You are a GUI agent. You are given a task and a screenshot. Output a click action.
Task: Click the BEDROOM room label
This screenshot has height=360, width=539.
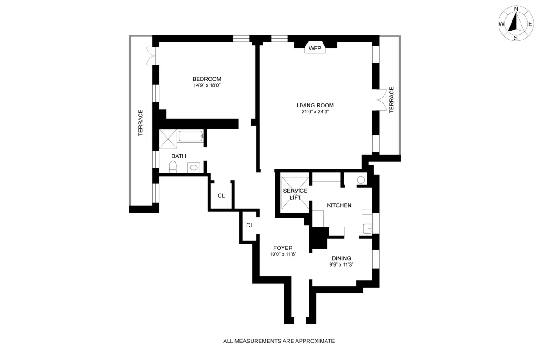pyautogui.click(x=207, y=79)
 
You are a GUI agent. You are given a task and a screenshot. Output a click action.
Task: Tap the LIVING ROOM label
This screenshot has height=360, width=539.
pyautogui.click(x=315, y=106)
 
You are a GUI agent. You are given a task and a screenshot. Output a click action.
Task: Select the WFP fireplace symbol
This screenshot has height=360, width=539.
pyautogui.click(x=315, y=48)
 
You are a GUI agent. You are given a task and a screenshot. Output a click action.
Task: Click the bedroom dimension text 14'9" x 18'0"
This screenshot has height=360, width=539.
pyautogui.click(x=207, y=85)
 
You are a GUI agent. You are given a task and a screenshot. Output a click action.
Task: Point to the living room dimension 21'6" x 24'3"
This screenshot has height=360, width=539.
pyautogui.click(x=315, y=112)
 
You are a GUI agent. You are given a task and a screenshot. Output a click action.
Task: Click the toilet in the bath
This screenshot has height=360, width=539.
pyautogui.click(x=172, y=167)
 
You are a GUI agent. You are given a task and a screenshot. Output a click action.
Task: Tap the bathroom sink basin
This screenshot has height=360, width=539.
pyautogui.click(x=194, y=168)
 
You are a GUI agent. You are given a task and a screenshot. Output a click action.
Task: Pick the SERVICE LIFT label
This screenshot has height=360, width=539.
pyautogui.click(x=295, y=194)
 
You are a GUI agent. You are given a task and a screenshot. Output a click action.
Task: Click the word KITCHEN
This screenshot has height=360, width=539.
pyautogui.click(x=339, y=205)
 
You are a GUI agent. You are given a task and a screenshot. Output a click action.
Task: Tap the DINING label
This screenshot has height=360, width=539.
pyautogui.click(x=341, y=258)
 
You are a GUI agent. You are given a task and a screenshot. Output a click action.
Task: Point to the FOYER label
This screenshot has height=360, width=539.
pyautogui.click(x=283, y=248)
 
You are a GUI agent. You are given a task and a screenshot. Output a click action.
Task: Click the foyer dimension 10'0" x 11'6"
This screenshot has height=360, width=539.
pyautogui.click(x=283, y=254)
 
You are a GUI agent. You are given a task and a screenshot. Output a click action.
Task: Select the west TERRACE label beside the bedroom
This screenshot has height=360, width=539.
pyautogui.click(x=141, y=123)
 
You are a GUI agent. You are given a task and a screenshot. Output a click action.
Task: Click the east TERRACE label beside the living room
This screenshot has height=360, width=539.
pyautogui.click(x=392, y=100)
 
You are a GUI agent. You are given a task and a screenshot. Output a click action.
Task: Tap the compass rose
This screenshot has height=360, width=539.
pyautogui.click(x=516, y=24)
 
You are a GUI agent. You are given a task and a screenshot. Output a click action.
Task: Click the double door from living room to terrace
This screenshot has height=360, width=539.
pyautogui.click(x=380, y=100)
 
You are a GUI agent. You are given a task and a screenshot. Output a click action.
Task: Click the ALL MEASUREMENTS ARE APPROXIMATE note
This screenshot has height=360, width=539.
pyautogui.click(x=279, y=341)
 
